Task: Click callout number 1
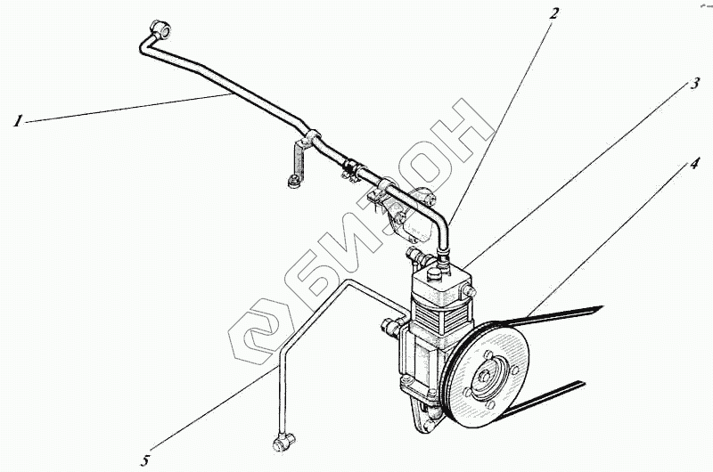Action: point(17,121)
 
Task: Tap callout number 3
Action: point(693,85)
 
